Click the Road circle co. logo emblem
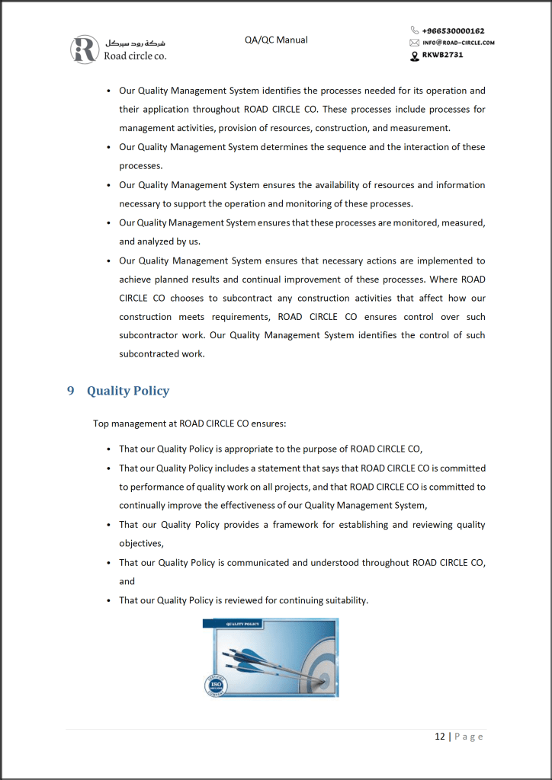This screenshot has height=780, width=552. tap(85, 49)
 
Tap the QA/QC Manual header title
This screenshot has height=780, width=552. tap(276, 40)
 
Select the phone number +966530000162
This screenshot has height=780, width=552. tap(453, 31)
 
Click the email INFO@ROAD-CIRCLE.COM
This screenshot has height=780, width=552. tap(458, 43)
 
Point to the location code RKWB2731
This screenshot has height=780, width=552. tap(442, 55)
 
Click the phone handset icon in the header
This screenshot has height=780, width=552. tap(415, 31)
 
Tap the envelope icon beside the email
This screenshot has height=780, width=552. tap(415, 43)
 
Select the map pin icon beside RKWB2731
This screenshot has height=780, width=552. tap(415, 55)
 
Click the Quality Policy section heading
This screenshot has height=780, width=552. tap(128, 391)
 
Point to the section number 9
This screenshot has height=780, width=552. tap(70, 391)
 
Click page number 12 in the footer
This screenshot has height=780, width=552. tap(440, 737)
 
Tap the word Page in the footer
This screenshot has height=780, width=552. tap(469, 737)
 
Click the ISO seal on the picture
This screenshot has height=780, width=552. tap(217, 686)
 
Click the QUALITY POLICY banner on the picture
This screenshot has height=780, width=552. tap(242, 624)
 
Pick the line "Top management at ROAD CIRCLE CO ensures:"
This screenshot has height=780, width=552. tap(189, 424)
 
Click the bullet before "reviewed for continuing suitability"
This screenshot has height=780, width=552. tap(109, 601)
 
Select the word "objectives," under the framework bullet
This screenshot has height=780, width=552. tap(141, 544)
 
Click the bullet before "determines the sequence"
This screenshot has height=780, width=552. tap(109, 148)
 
